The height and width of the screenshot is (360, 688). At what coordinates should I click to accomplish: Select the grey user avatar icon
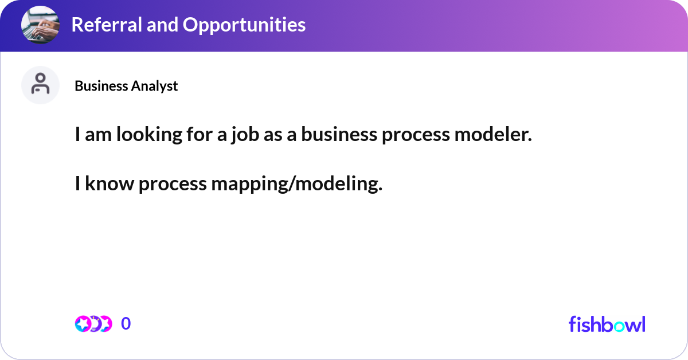point(40,85)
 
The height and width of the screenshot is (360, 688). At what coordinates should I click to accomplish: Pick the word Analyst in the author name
point(155,86)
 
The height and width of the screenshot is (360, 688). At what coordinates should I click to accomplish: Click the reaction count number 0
point(126,324)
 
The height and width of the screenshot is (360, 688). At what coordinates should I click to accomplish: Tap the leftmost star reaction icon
point(83,324)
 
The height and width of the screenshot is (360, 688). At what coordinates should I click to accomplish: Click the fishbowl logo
point(607,324)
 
